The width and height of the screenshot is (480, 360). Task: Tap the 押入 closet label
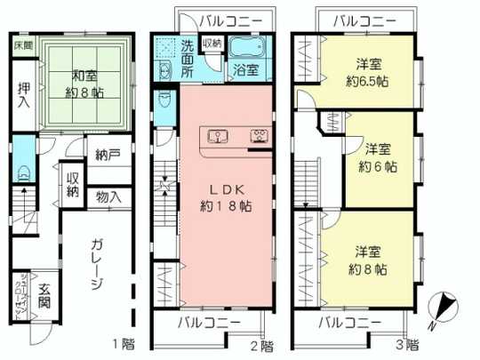(23, 94)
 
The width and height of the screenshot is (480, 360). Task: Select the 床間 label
(23, 44)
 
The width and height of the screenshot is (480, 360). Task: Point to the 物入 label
(109, 196)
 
